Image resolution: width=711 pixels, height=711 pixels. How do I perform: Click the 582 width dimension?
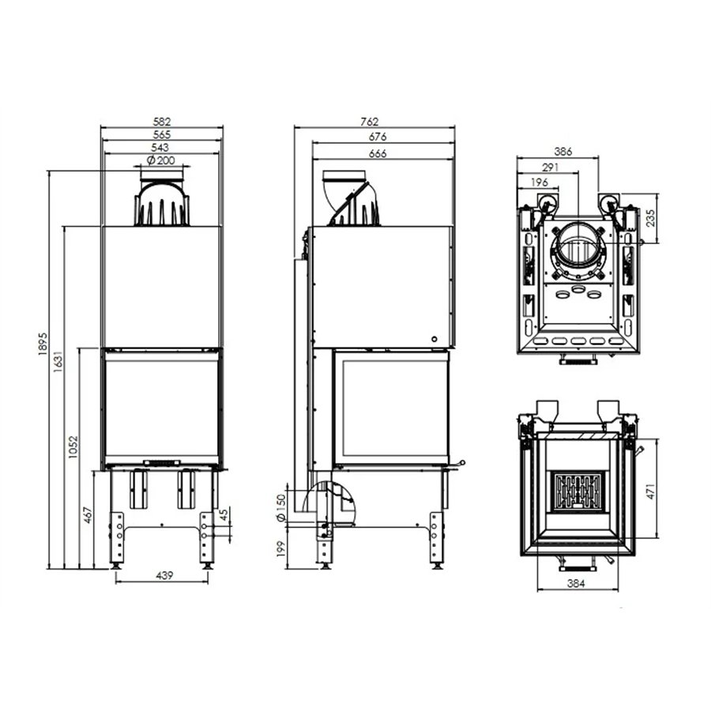162,122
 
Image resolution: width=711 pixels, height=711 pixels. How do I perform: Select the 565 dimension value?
162,134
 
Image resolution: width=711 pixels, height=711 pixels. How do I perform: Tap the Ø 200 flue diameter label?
161,160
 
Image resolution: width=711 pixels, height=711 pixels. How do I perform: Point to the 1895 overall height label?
43,344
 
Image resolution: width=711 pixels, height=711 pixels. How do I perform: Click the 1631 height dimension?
58,361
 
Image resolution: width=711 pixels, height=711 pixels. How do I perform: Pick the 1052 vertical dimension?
73,447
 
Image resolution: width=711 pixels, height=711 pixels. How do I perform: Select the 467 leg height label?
88,514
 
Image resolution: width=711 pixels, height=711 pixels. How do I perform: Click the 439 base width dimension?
164,575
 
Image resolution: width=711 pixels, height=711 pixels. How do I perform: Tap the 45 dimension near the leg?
224,515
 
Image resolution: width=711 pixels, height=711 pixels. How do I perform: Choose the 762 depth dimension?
370,122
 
